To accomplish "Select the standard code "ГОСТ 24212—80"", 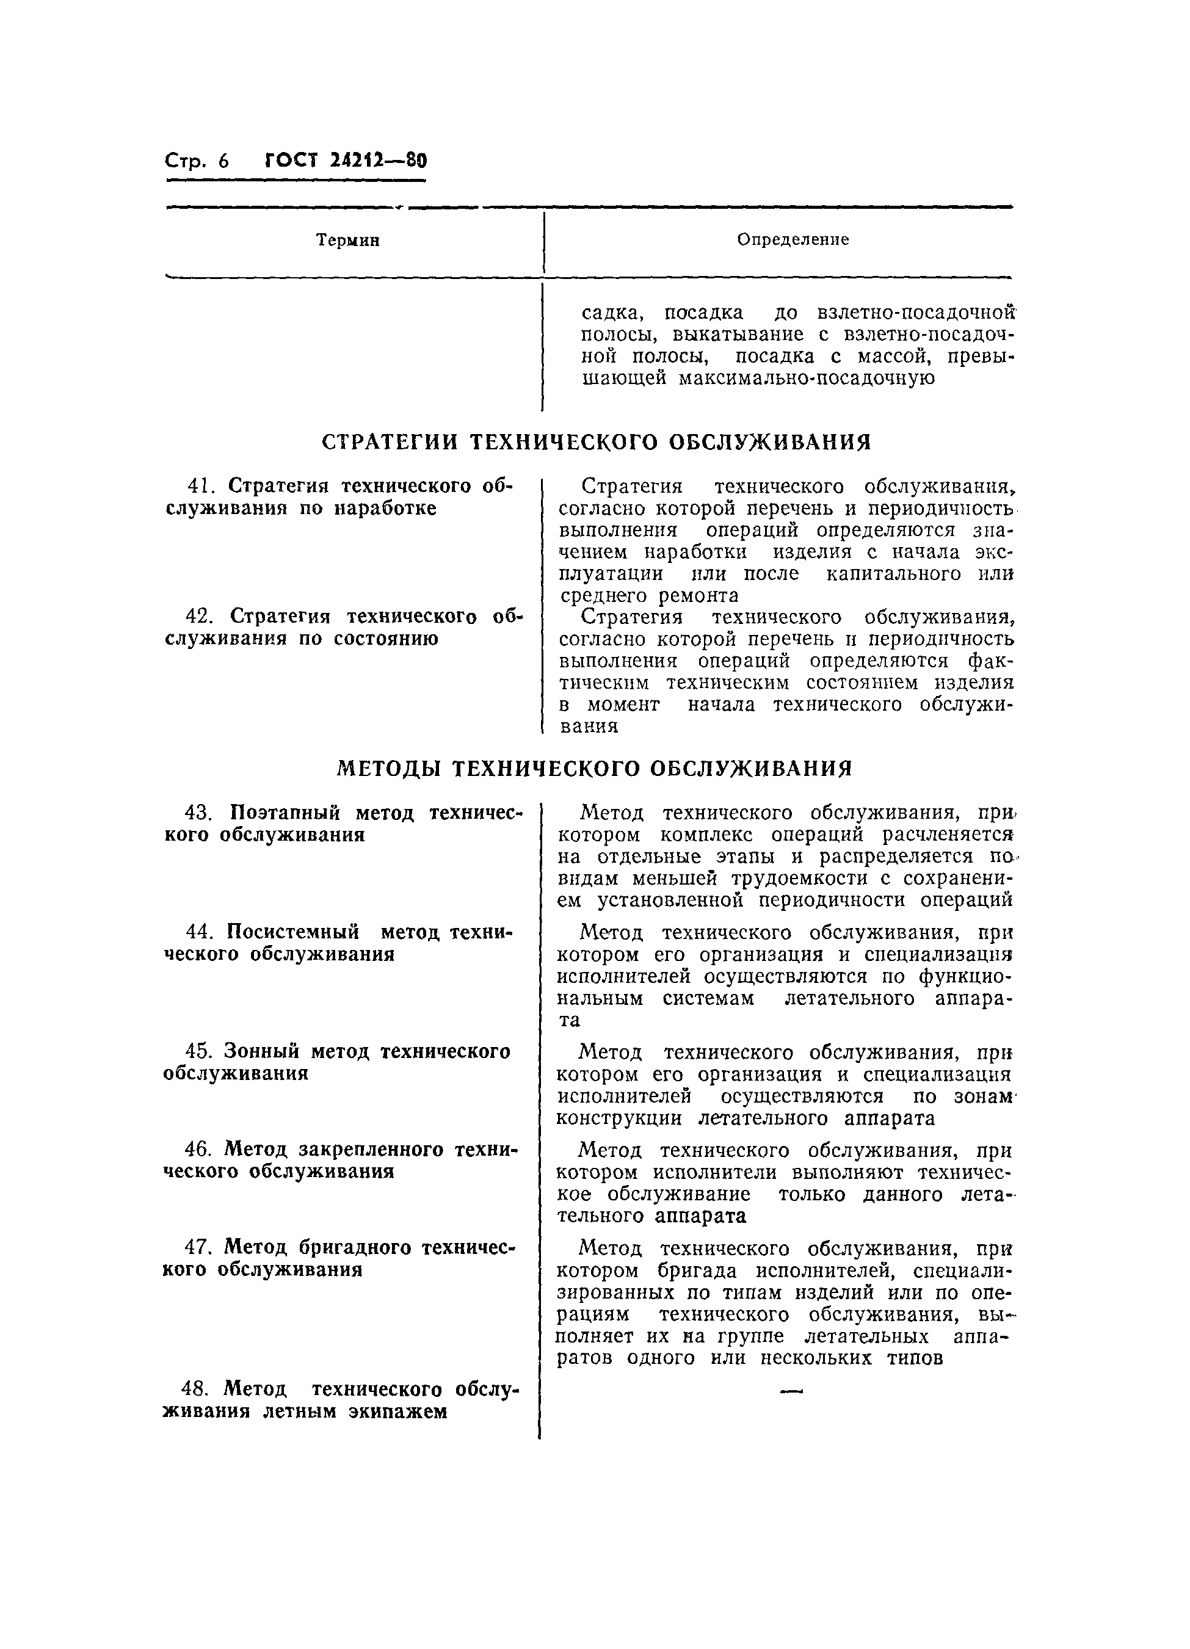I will click(346, 160).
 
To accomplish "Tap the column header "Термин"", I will click(347, 240).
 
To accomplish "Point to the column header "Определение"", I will click(793, 239).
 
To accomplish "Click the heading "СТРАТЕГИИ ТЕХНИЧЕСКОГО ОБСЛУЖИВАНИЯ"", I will click(596, 442).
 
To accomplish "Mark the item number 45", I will click(198, 1051).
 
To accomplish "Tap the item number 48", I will click(196, 1390).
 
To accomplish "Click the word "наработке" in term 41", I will click(385, 508).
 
